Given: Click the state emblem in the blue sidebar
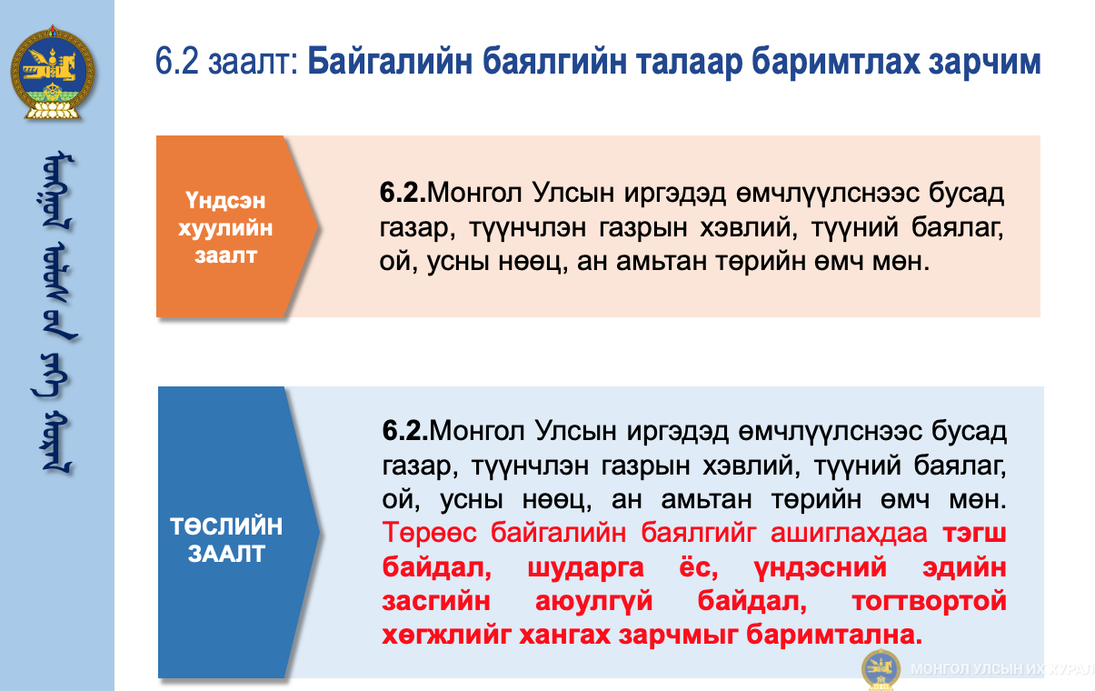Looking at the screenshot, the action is (53, 73).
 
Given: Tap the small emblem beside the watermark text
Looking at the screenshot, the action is (881, 669).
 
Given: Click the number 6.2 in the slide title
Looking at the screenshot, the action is (177, 61).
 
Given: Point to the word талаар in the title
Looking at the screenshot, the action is (687, 62).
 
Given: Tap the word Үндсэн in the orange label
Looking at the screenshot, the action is (224, 201).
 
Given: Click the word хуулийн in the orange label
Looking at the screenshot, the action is (225, 228).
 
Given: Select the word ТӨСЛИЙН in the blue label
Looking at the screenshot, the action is (226, 526).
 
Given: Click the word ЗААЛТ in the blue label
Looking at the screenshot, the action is (226, 554).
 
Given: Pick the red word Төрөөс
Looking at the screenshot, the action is (429, 532).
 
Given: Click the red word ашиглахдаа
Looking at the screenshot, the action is (849, 532).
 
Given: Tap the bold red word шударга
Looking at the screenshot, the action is (585, 567).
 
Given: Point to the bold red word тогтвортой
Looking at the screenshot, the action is (929, 601).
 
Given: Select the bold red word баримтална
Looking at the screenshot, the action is (834, 635).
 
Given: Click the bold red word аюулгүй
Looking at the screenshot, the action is (594, 601).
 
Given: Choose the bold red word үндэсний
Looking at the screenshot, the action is (820, 567).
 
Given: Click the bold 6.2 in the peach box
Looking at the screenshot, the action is (403, 192).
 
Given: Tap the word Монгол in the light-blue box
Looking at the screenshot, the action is (478, 431).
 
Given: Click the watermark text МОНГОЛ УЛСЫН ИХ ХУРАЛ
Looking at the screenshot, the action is (1002, 669).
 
